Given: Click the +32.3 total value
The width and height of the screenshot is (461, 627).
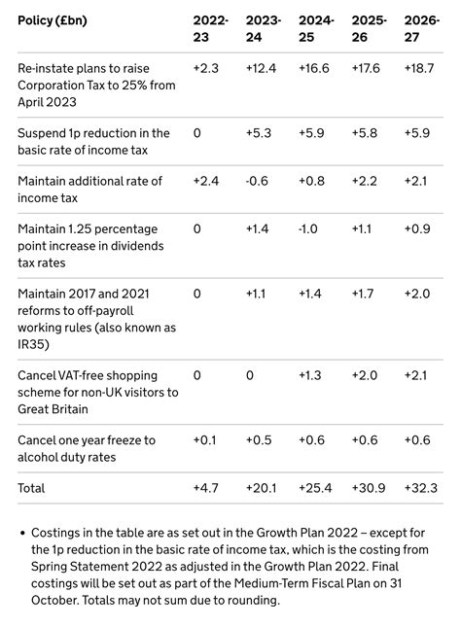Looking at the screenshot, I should click(x=420, y=488).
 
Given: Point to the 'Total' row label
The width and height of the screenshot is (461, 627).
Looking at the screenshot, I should click(x=31, y=488).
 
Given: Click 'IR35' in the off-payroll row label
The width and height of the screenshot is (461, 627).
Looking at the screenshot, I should click(x=30, y=345).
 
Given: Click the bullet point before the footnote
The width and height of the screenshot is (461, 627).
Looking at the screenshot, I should click(x=21, y=534).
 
